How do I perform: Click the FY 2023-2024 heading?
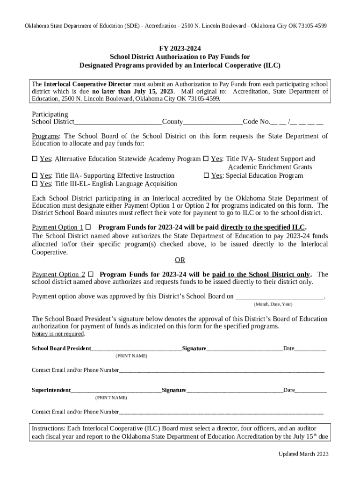click(180, 48)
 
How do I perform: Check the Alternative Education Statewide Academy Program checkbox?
click(35, 159)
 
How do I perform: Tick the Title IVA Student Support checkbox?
click(206, 159)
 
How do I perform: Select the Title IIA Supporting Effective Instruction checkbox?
click(35, 176)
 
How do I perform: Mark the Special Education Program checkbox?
click(206, 176)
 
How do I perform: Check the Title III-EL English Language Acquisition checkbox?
click(35, 184)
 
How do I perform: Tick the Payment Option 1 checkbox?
click(88, 227)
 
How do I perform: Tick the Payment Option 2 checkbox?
click(91, 274)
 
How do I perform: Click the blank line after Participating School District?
click(118, 122)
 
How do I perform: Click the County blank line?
click(213, 122)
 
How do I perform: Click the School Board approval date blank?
click(279, 296)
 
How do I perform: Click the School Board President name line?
click(137, 348)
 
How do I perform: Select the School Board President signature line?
click(245, 348)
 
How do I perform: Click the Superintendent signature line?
click(234, 390)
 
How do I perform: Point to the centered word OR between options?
click(180, 260)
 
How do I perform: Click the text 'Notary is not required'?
click(58, 334)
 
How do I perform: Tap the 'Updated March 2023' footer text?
click(303, 454)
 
